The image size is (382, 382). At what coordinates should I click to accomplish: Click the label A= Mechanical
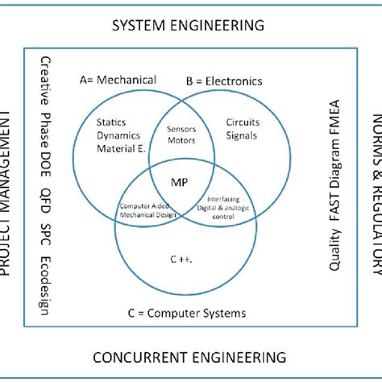pos(118,81)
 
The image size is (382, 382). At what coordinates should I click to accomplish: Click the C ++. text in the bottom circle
pos(186,260)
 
